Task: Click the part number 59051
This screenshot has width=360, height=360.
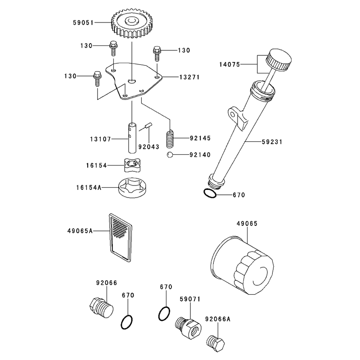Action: pos(83,23)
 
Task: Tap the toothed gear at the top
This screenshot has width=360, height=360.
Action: pos(131,23)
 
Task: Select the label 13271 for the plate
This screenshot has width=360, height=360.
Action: pos(189,77)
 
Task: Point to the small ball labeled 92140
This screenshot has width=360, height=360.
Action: pos(170,155)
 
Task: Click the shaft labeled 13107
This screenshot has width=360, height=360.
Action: pos(132,138)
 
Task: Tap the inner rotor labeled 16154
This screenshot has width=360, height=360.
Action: pos(132,165)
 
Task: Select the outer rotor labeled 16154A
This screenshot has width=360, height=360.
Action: pos(132,188)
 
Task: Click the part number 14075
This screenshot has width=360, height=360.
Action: pos(229,64)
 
